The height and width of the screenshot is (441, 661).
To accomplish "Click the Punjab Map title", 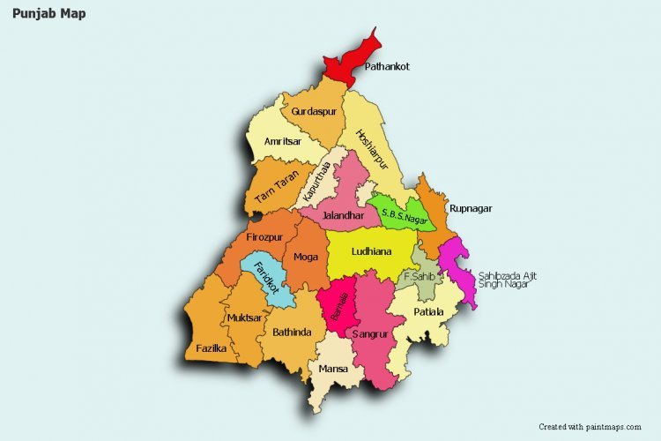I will tap(49, 14).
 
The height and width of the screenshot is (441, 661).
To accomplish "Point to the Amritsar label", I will tap(283, 141).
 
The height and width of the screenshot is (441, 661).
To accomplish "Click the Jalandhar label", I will tap(343, 215).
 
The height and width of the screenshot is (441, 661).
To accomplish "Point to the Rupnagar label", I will tap(470, 208).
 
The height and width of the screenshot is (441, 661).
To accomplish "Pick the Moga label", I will tap(306, 257).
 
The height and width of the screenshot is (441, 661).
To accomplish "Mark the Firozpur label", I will tap(264, 237).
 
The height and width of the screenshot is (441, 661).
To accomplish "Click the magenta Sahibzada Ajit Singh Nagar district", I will tap(459, 269).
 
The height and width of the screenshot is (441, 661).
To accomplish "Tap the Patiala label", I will tap(428, 312).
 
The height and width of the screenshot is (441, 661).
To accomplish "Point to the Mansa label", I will tap(333, 369).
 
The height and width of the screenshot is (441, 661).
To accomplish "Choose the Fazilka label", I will tap(212, 348).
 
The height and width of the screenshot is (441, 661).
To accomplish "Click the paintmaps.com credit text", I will tap(590, 426).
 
